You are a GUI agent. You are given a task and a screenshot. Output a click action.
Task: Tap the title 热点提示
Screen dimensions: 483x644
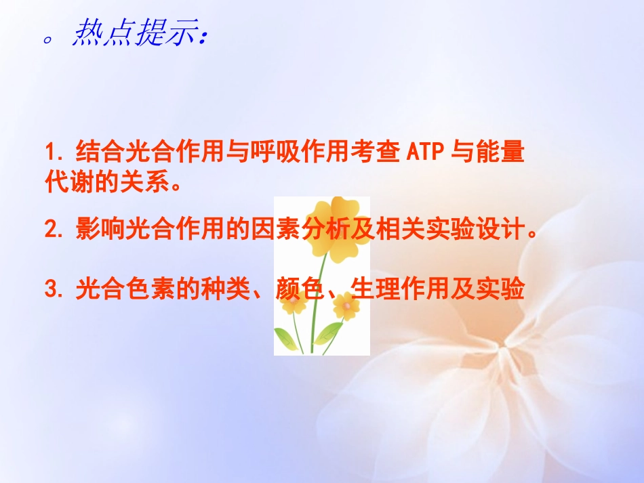(137, 35)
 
